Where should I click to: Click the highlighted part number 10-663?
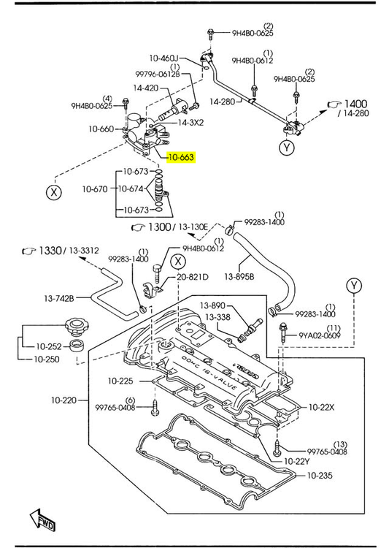point(180,157)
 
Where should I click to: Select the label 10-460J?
point(164,58)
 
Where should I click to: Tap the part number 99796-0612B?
point(157,74)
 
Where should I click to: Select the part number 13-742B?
point(58,297)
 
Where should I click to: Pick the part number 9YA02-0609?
point(318,335)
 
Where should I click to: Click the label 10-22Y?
point(297,461)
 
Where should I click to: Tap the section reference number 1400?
point(356,104)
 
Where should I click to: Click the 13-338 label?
point(217,316)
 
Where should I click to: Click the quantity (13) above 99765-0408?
point(340,444)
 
